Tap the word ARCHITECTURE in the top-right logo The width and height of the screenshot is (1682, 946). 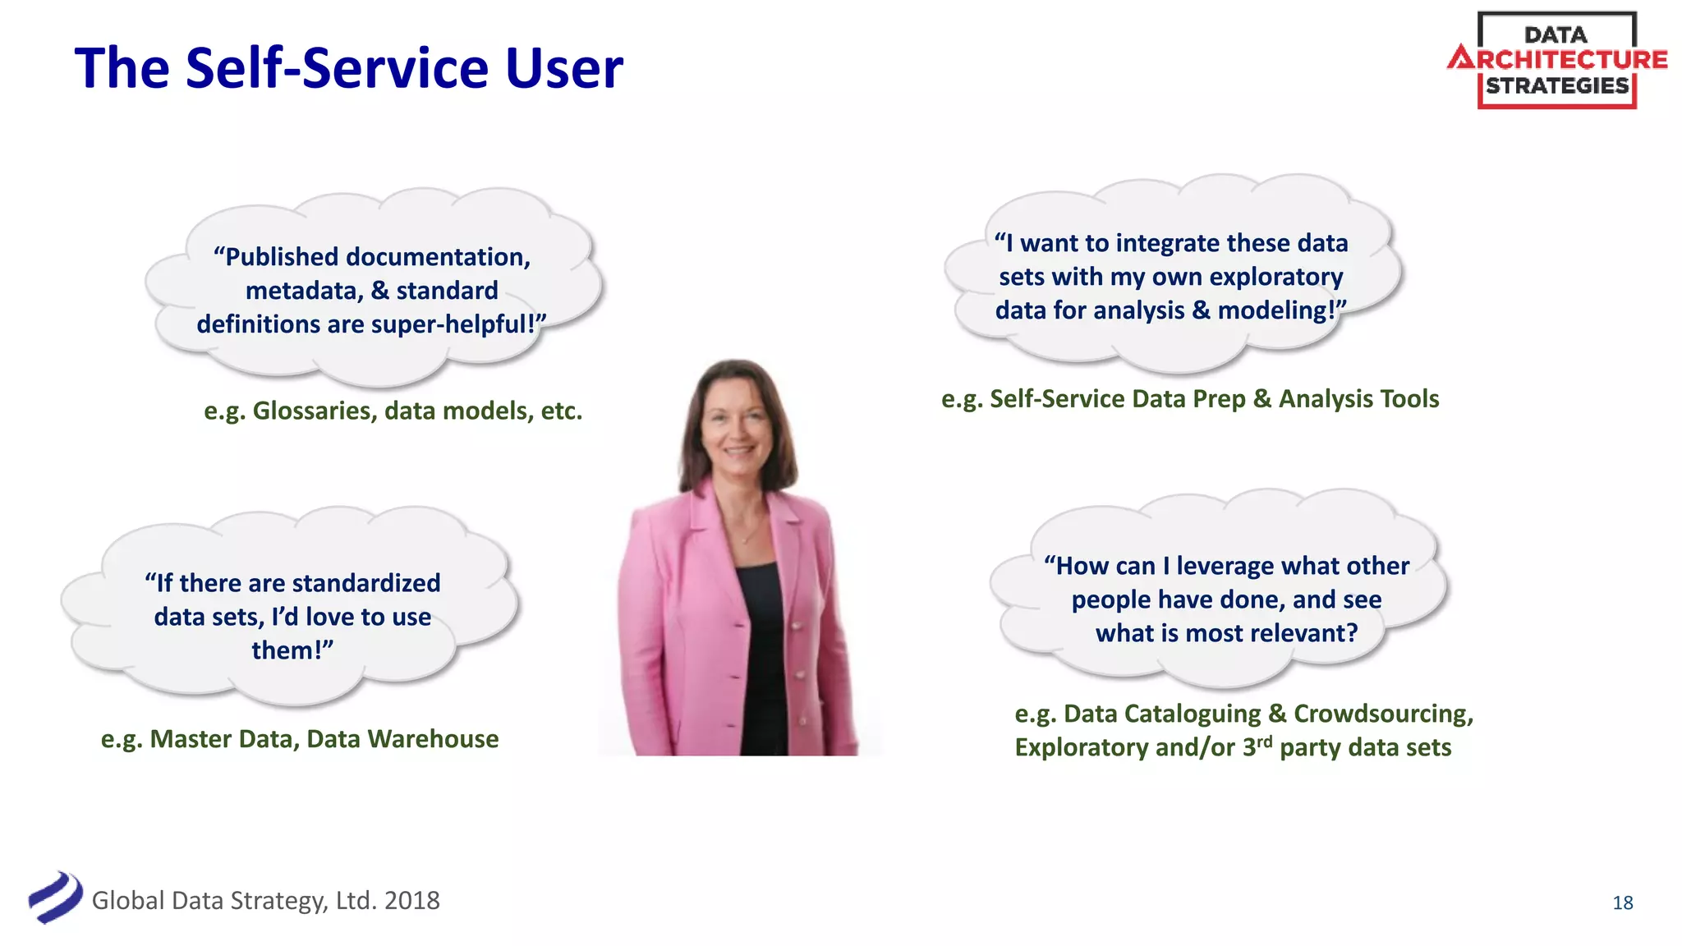pos(1558,59)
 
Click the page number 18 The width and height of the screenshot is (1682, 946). pos(1622,902)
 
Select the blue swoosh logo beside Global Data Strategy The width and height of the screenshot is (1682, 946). pos(55,898)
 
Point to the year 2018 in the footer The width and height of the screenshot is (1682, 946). pos(411,901)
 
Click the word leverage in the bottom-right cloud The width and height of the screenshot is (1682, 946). pos(1225,566)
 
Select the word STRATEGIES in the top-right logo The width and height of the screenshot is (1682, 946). pos(1556,86)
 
